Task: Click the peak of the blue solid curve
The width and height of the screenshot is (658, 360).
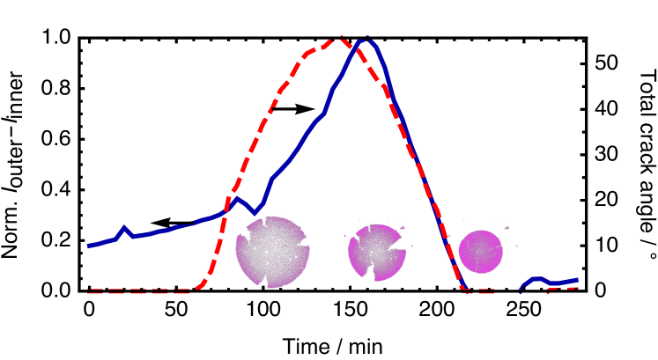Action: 366,40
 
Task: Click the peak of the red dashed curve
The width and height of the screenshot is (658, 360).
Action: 336,40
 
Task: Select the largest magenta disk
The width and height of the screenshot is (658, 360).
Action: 272,252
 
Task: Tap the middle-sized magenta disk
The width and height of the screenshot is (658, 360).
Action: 377,252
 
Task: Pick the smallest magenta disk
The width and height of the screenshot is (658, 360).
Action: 481,252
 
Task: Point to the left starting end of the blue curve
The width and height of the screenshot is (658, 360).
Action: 89,246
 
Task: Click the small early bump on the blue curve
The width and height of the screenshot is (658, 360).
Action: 124,228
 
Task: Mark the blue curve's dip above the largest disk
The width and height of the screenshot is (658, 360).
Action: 255,213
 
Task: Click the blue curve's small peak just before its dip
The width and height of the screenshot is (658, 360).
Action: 235,197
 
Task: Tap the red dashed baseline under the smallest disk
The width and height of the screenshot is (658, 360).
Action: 480,290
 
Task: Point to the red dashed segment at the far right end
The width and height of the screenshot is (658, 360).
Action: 568,289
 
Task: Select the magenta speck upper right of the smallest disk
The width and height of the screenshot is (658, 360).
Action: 506,229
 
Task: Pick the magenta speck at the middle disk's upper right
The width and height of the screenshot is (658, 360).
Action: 402,230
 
